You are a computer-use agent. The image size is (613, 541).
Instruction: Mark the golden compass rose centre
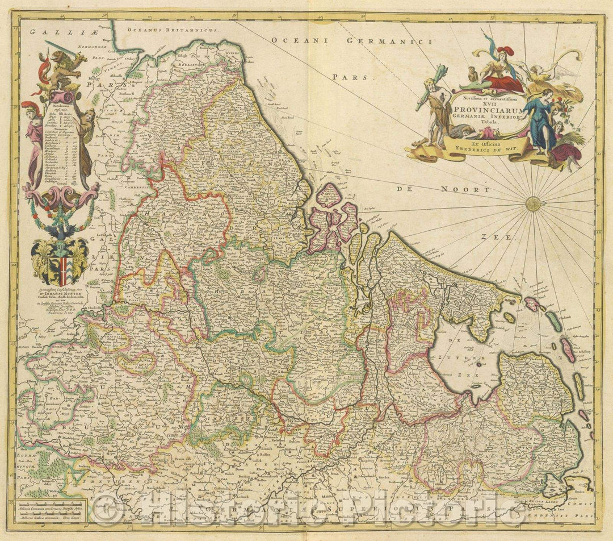tap(533, 203)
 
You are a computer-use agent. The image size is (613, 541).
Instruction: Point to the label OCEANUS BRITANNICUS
tap(162, 29)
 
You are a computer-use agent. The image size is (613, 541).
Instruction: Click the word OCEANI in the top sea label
tap(297, 40)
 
